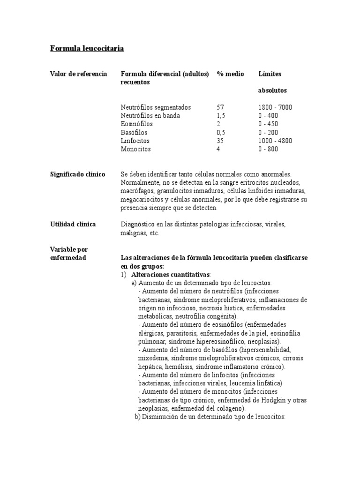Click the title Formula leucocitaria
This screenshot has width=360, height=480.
click(x=87, y=48)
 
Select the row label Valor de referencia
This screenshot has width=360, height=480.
click(x=78, y=74)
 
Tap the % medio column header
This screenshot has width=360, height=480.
click(x=230, y=74)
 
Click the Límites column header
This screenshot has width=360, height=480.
click(x=270, y=74)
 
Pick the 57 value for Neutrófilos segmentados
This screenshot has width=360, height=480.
click(x=220, y=107)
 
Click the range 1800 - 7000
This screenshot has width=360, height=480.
click(x=275, y=107)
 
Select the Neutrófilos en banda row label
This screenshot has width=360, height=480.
click(x=150, y=116)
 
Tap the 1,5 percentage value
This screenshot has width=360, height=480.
click(x=222, y=116)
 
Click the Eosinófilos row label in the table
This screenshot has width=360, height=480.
click(x=136, y=124)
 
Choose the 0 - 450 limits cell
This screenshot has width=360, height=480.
click(x=268, y=124)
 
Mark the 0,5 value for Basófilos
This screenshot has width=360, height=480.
click(x=222, y=133)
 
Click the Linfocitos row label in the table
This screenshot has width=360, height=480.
click(x=135, y=141)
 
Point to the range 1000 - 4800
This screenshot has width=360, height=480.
click(x=275, y=141)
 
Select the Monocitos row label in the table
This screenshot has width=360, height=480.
click(x=136, y=149)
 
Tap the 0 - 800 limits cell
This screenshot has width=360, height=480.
click(x=268, y=149)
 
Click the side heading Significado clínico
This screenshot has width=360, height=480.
click(x=77, y=174)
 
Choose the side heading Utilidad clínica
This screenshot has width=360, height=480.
click(x=73, y=224)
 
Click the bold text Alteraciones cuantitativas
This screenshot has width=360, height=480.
click(x=171, y=274)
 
